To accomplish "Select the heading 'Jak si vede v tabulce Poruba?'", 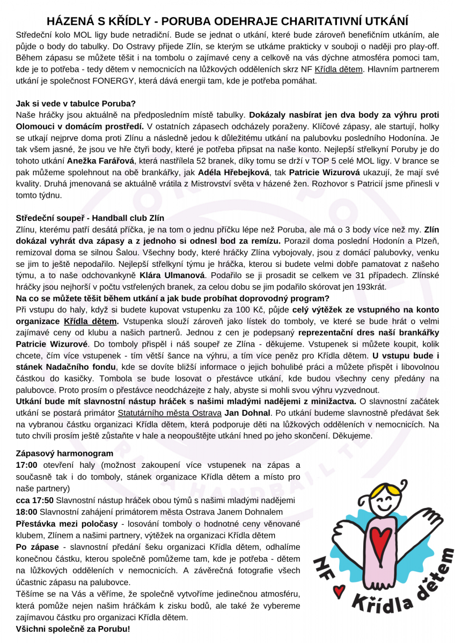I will [x=76, y=103].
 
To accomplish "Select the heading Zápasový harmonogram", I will [x=64, y=453].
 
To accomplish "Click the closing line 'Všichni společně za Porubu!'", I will [x=73, y=628].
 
